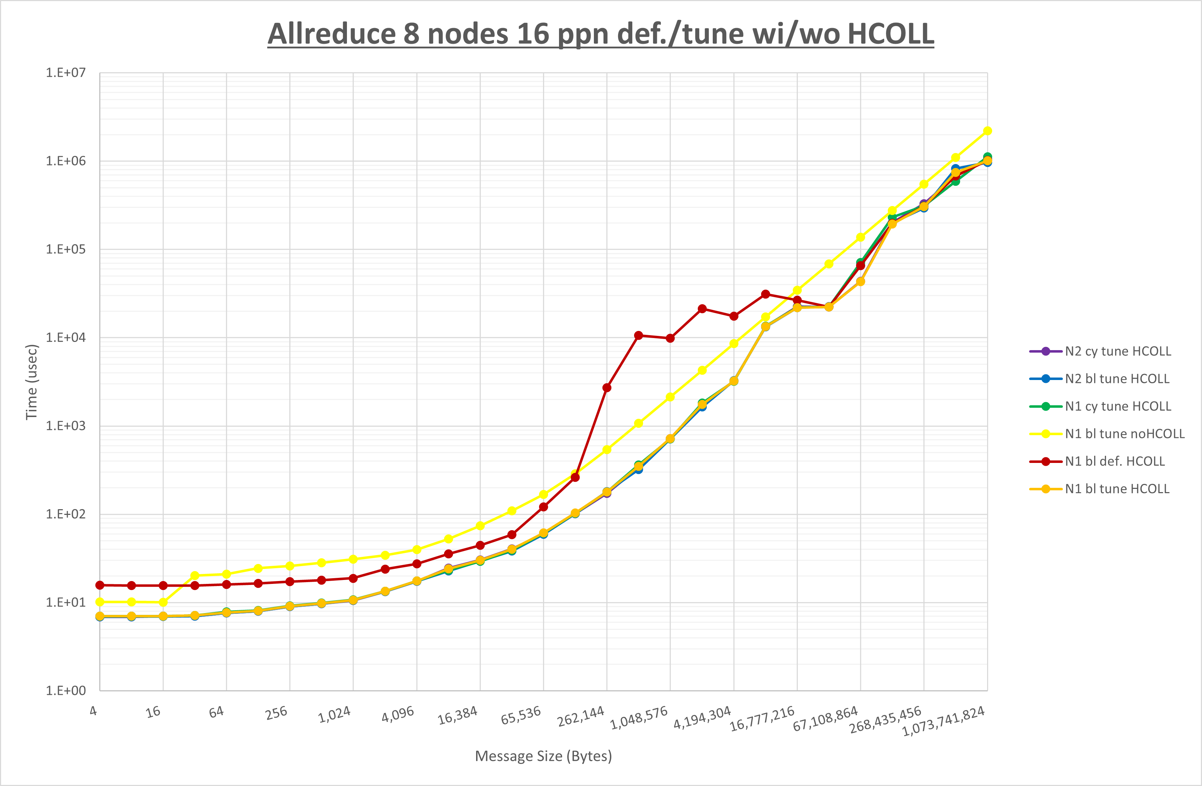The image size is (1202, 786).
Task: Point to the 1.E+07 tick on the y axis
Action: point(66,73)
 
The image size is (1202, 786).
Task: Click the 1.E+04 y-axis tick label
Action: point(66,337)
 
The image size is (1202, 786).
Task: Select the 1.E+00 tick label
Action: point(66,691)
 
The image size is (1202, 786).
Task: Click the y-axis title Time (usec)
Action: point(31,382)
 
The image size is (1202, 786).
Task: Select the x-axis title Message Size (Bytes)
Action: point(543,756)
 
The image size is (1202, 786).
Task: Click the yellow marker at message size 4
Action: point(100,602)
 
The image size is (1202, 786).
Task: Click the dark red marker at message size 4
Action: point(100,585)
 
